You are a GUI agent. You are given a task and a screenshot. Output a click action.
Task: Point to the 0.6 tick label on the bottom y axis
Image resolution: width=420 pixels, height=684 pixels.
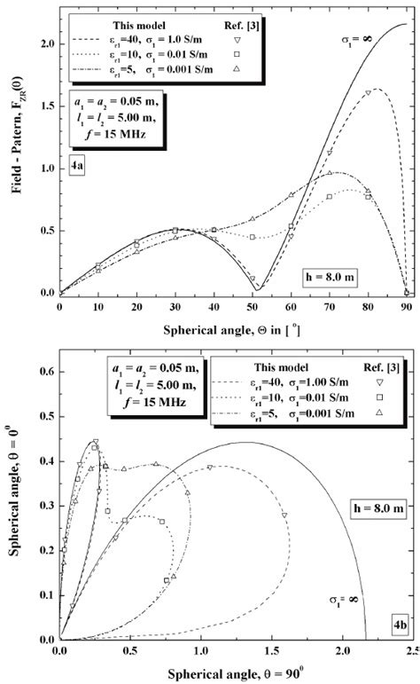point(45,373)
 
